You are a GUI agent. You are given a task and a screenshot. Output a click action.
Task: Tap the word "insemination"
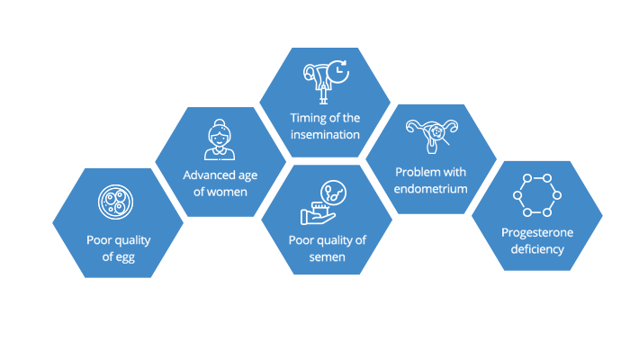(x=325, y=135)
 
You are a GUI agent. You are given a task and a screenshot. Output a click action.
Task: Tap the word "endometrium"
(x=431, y=189)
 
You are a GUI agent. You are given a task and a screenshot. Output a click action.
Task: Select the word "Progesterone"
(x=536, y=232)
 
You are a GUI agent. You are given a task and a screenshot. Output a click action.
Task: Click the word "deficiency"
(x=536, y=248)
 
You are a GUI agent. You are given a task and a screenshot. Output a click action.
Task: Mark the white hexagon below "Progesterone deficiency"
(x=598, y=274)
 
